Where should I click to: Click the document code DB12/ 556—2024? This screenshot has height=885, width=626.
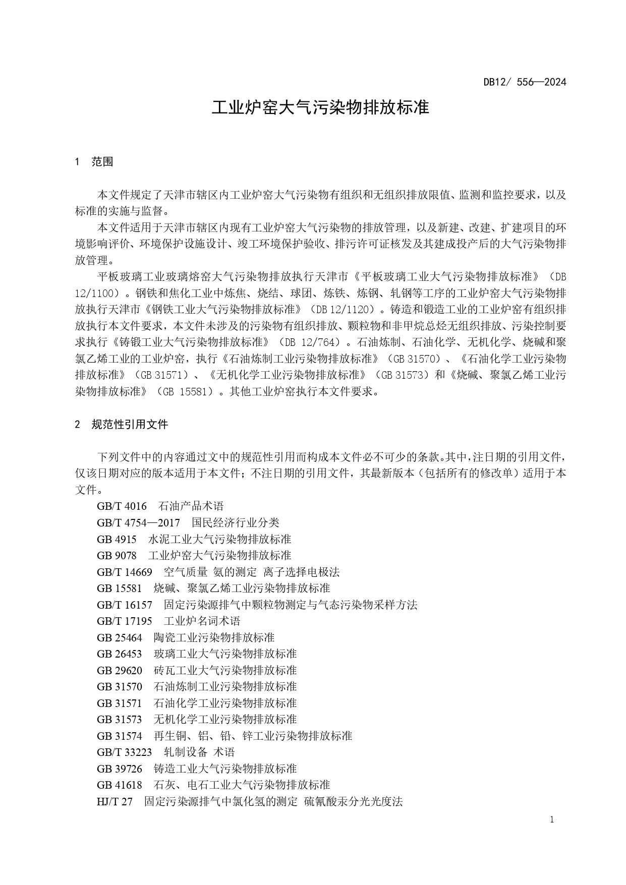point(525,82)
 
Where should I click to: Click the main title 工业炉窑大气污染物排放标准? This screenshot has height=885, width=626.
point(320,107)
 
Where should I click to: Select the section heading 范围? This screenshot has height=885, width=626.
point(102,162)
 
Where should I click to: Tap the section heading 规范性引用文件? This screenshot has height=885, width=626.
point(130,425)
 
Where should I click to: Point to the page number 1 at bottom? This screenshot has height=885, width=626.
point(552,820)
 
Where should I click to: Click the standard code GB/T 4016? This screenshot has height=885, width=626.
point(122,506)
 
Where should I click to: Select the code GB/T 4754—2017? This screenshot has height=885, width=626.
point(138,523)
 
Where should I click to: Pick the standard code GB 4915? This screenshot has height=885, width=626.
point(117,540)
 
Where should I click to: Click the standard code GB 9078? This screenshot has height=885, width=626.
point(117,556)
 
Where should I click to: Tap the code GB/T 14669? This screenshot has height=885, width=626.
point(125,572)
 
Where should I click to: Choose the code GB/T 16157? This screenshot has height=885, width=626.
point(125,605)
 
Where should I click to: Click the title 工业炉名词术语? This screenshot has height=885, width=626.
point(202,621)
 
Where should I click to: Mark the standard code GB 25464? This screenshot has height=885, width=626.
point(120,637)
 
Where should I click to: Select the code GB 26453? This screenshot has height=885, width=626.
point(120,654)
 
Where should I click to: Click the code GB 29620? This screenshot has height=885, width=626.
point(120,670)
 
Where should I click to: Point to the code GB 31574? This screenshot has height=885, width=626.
point(120,736)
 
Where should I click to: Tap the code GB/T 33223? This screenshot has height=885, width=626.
point(125,752)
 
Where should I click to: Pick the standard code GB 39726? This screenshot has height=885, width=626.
point(120,769)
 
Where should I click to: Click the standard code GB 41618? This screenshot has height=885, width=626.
point(120,785)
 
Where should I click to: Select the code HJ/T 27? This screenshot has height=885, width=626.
point(115,801)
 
